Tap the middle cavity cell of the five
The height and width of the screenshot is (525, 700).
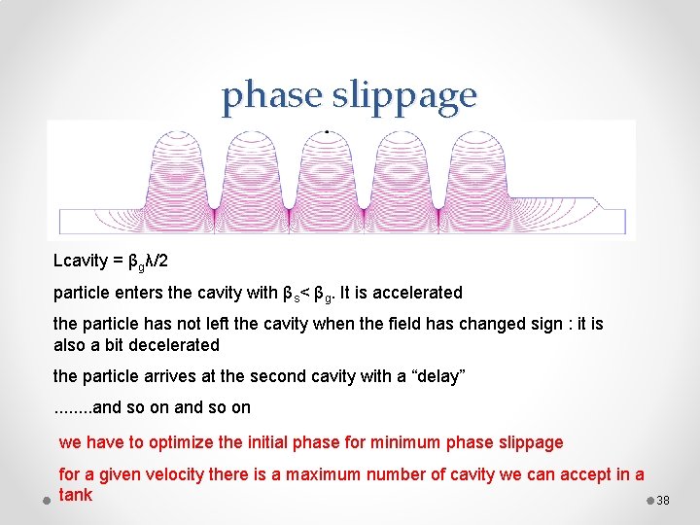327,175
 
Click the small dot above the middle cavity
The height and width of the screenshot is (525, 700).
327,130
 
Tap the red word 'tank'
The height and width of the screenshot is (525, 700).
76,495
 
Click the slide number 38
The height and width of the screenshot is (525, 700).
663,501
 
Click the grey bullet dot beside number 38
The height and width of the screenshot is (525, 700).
649,500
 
